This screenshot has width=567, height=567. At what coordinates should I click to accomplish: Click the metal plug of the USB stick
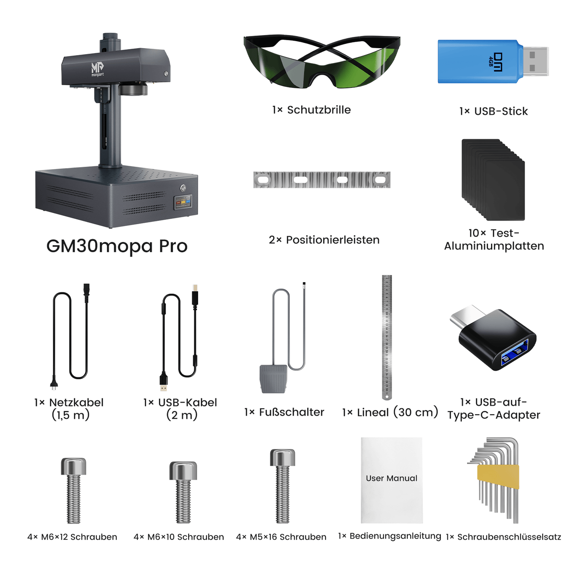click(535, 61)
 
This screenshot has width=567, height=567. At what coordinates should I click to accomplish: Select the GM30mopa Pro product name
click(117, 246)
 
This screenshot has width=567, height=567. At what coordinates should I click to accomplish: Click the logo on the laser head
click(97, 69)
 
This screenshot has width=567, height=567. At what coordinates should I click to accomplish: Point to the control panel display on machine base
click(183, 202)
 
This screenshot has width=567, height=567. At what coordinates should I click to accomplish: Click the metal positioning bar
click(321, 180)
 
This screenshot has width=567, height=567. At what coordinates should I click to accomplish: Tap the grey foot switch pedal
click(273, 379)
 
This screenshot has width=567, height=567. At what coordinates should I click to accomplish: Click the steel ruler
click(387, 336)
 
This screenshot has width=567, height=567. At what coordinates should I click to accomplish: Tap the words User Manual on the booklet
click(391, 478)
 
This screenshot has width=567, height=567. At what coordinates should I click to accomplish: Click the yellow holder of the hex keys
click(498, 477)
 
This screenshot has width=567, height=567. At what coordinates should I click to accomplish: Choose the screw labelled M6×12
click(73, 490)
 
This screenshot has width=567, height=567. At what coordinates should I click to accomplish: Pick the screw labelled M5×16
click(283, 486)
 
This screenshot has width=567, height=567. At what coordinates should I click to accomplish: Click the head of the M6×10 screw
click(183, 470)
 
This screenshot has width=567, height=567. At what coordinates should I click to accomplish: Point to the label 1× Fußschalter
click(284, 412)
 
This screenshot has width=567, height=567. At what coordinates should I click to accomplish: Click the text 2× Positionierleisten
click(324, 240)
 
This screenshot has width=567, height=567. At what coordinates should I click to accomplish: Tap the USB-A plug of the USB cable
click(163, 381)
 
